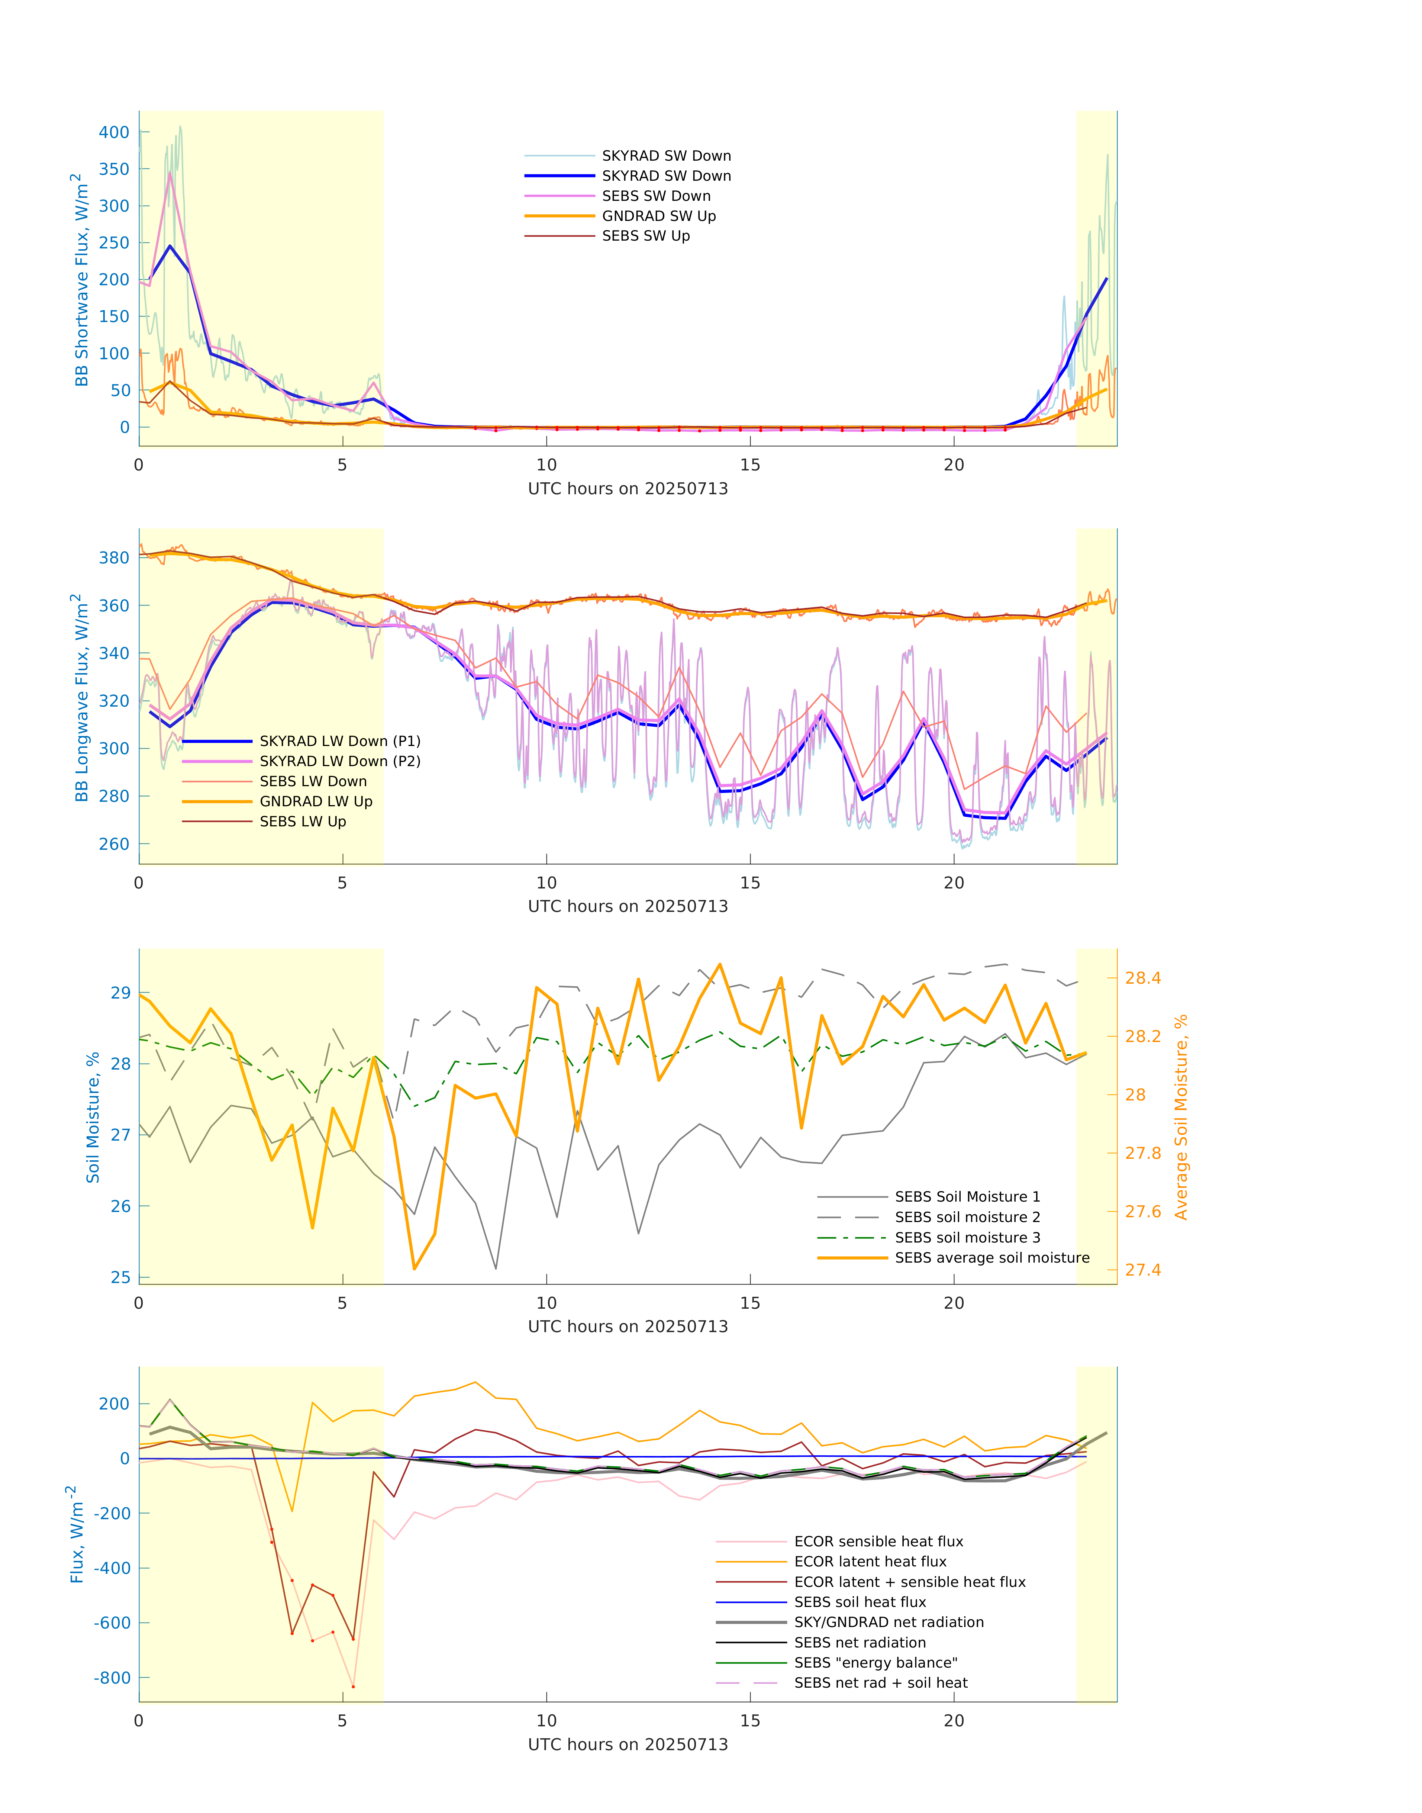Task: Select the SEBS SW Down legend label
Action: pos(656,196)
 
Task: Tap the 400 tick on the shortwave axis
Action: pos(114,132)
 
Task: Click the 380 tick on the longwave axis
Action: pos(114,558)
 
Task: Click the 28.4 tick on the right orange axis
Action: pos(1142,978)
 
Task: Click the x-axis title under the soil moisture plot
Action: pos(628,1327)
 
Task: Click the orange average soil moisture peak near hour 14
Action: pos(719,964)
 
